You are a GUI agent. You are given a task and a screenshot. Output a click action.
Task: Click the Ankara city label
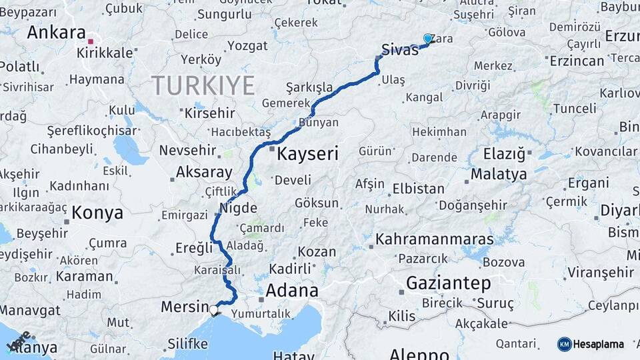56,33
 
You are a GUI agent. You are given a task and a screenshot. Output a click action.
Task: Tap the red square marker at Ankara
90,41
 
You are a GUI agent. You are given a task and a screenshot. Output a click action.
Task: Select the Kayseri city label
307,154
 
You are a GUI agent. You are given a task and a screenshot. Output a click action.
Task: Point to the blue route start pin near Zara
427,39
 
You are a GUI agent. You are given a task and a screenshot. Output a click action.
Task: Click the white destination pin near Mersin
214,309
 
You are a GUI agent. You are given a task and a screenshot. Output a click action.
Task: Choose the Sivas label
400,49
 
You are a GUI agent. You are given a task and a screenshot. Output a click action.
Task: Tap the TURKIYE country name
203,85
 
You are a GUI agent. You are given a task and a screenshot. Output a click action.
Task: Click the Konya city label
97,213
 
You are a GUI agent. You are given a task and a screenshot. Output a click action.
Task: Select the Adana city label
291,291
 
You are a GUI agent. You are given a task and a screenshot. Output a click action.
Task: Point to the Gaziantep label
449,283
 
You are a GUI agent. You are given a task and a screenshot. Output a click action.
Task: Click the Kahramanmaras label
435,239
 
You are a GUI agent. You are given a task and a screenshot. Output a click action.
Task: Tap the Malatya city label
499,174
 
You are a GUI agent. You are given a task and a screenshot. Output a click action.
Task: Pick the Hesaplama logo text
599,344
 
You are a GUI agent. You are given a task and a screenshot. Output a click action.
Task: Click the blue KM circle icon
564,344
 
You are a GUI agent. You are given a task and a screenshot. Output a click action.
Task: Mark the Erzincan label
577,61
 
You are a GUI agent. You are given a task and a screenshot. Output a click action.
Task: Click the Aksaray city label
203,172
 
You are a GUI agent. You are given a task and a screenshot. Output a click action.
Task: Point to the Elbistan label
418,189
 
